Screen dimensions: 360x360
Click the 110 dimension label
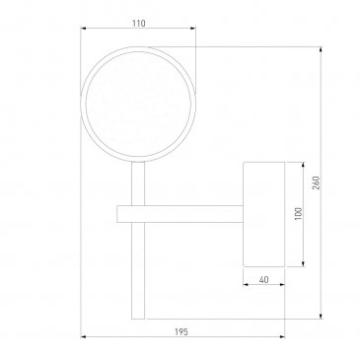(x=139, y=24)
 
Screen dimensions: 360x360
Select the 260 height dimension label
(x=316, y=182)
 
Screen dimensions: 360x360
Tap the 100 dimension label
(x=299, y=214)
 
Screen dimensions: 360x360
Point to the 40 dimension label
(x=263, y=280)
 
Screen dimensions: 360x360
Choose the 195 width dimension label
(x=181, y=332)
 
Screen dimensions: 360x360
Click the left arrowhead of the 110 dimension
(x=83, y=29)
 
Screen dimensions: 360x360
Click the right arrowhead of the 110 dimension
(x=193, y=29)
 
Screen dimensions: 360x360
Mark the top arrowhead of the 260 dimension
(x=321, y=49)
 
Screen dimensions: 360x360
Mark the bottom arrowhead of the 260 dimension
(x=321, y=317)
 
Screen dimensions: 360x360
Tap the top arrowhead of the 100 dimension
(x=303, y=165)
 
